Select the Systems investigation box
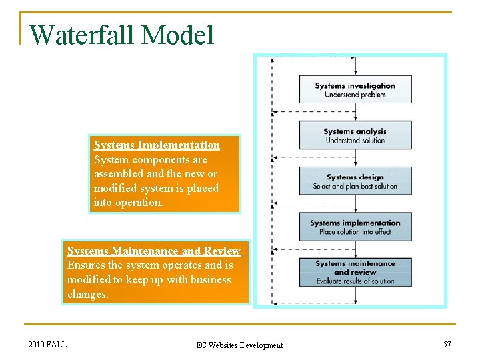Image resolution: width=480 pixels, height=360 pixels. click(x=355, y=89)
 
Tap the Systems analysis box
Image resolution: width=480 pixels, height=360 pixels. click(x=355, y=135)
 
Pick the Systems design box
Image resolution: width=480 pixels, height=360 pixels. click(x=355, y=181)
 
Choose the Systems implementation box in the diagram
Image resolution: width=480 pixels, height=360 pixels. click(x=355, y=227)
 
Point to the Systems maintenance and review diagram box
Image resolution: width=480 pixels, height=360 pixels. click(x=355, y=272)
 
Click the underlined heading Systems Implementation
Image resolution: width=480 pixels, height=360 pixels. click(x=157, y=145)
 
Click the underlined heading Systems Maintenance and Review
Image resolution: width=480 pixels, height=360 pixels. click(x=153, y=251)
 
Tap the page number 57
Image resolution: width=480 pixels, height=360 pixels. click(x=447, y=344)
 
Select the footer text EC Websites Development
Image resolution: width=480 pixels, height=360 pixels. click(x=239, y=345)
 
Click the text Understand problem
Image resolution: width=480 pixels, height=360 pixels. click(x=355, y=95)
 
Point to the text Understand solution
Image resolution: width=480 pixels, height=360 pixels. click(x=355, y=141)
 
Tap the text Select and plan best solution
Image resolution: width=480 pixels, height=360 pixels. click(x=355, y=186)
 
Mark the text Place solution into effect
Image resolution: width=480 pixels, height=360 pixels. click(x=355, y=232)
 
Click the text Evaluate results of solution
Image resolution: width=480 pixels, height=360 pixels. click(x=355, y=281)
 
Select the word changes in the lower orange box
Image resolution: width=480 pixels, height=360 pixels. click(x=87, y=294)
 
